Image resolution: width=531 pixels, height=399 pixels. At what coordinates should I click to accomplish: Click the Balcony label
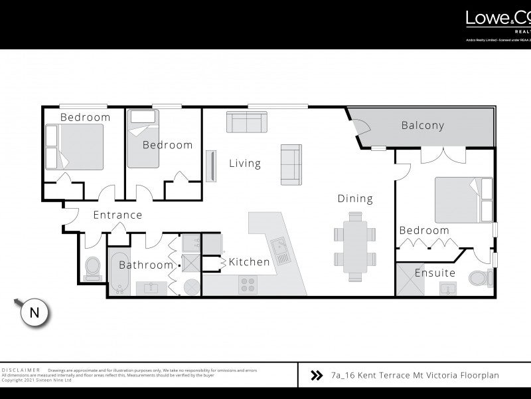[423, 125]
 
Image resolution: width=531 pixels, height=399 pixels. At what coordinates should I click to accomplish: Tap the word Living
[245, 163]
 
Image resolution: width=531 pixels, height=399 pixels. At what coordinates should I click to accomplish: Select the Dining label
[355, 198]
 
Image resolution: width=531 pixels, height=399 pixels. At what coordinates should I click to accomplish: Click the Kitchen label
[250, 262]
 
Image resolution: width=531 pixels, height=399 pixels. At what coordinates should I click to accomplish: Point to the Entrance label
[117, 215]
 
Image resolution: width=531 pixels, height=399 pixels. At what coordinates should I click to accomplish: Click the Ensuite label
[435, 273]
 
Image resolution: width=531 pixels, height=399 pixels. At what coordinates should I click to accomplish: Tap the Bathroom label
[146, 265]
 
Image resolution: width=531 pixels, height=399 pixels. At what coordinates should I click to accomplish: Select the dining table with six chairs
[354, 243]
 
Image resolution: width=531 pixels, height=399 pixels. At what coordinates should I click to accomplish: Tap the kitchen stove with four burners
[248, 285]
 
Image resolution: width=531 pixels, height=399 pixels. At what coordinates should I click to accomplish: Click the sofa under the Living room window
[246, 122]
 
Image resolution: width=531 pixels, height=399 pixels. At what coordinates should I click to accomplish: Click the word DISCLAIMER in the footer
[21, 370]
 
